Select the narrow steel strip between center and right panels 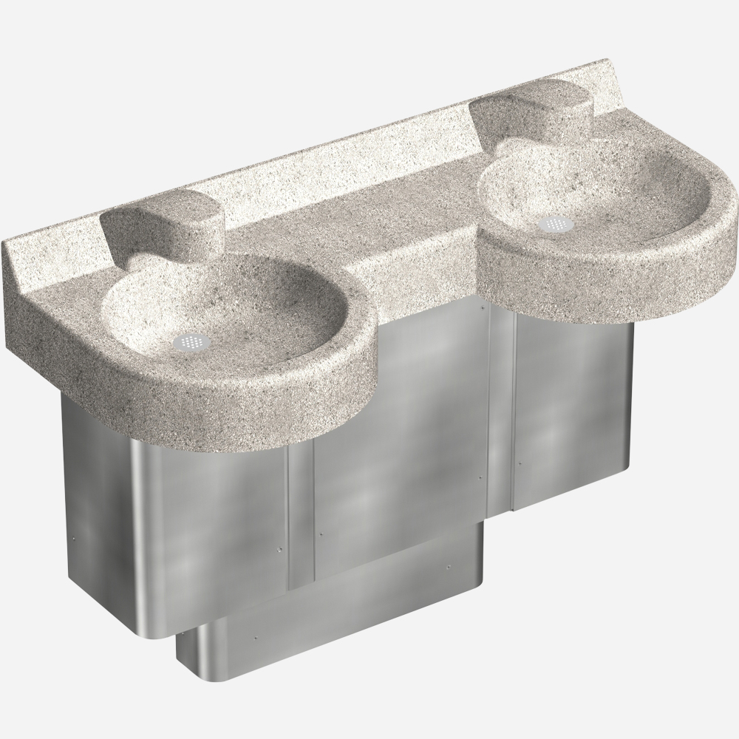pos(502,414)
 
